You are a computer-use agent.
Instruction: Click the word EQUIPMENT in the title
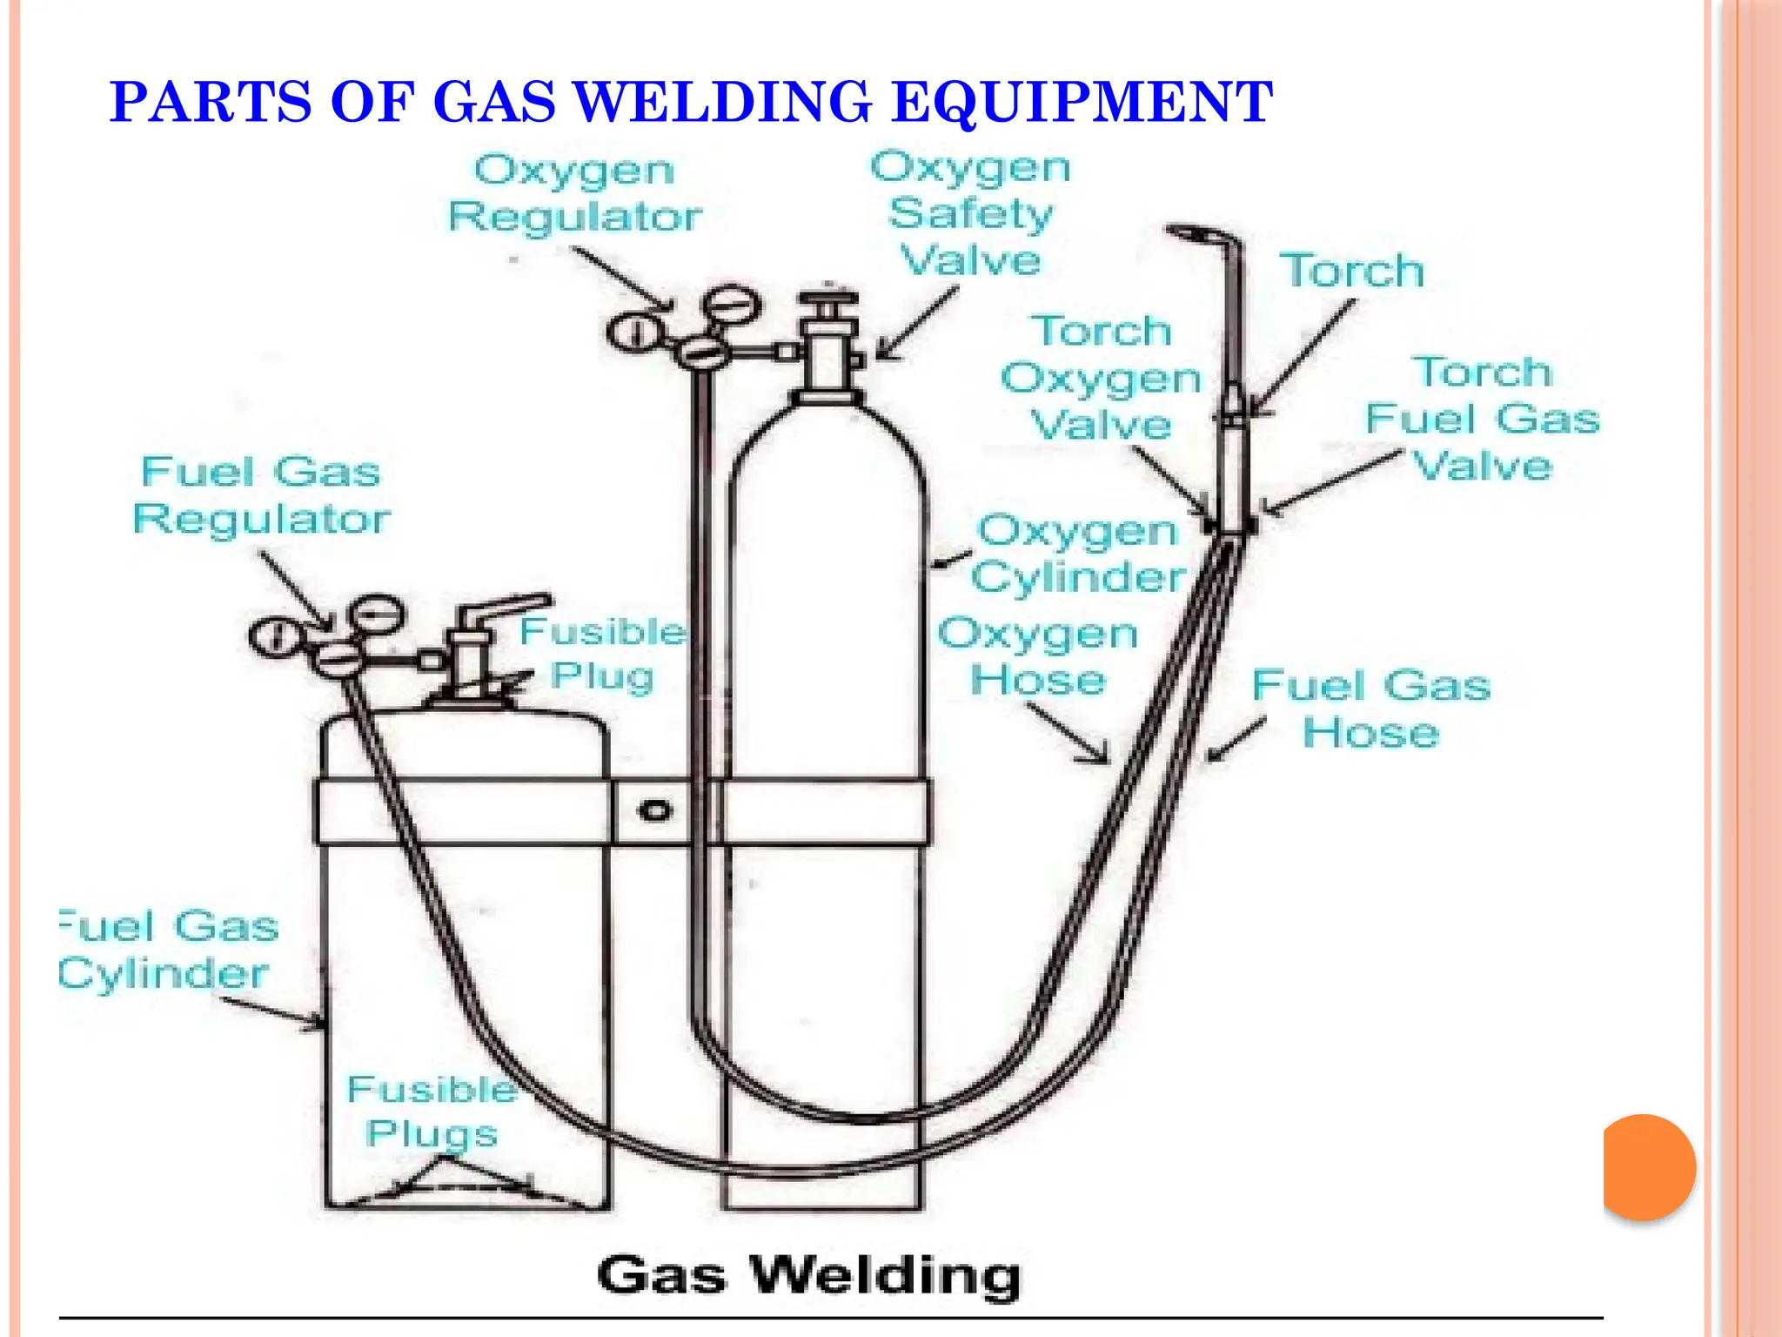pyautogui.click(x=1082, y=102)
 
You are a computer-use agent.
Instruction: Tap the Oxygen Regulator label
pyautogui.click(x=574, y=193)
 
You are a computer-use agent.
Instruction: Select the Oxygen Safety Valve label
pyautogui.click(x=970, y=213)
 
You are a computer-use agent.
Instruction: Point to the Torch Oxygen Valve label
pyautogui.click(x=1101, y=378)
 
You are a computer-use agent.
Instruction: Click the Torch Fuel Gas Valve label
pyautogui.click(x=1482, y=419)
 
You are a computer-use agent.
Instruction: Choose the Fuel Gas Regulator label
pyautogui.click(x=261, y=495)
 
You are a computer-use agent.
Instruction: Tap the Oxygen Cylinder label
pyautogui.click(x=1079, y=554)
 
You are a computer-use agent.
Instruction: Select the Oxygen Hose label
pyautogui.click(x=1038, y=656)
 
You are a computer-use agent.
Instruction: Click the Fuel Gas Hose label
pyautogui.click(x=1371, y=709)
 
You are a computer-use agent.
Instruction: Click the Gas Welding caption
pyautogui.click(x=808, y=1276)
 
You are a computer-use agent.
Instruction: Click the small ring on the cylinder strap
pyautogui.click(x=655, y=811)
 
